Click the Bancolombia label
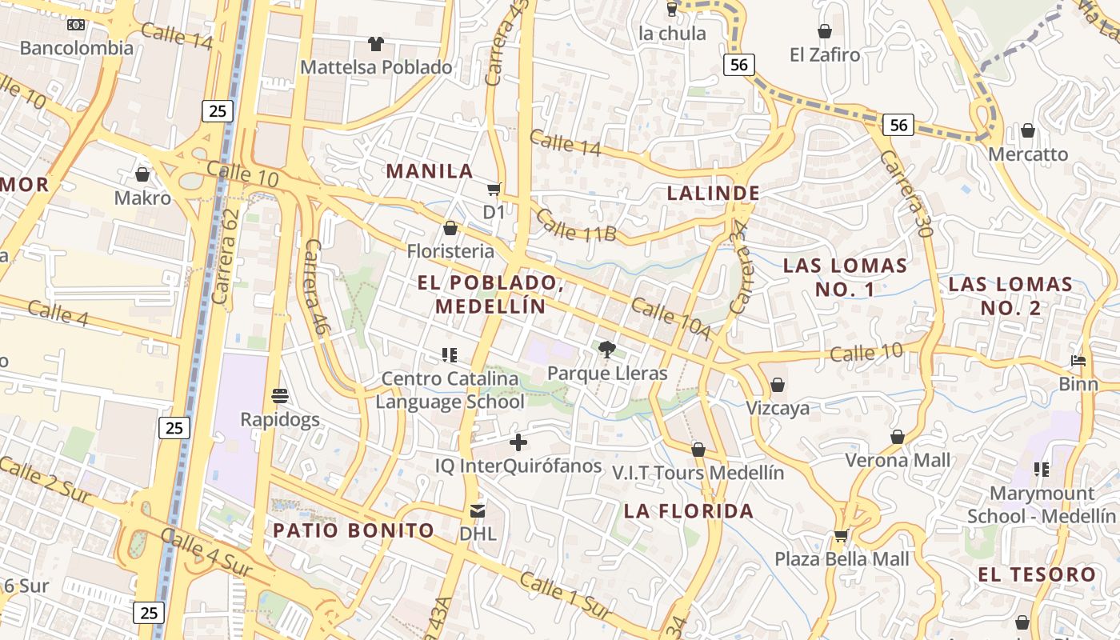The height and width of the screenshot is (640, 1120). click(x=77, y=48)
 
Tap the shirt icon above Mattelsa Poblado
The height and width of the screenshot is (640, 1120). click(x=376, y=43)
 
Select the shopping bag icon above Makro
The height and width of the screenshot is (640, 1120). click(x=142, y=174)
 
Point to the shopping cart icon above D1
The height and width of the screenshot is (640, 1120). click(x=494, y=189)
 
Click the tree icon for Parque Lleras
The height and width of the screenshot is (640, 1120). click(x=607, y=349)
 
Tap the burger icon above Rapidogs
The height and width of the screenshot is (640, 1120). click(x=280, y=395)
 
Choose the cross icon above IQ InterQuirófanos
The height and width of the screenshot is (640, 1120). click(x=518, y=442)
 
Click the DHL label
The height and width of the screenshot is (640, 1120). click(x=478, y=533)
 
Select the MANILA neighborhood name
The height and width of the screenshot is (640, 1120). click(x=430, y=171)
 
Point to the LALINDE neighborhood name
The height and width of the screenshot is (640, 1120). click(x=713, y=193)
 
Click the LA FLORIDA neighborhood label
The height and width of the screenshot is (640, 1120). click(x=688, y=511)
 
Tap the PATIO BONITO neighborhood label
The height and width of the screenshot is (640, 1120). click(x=354, y=530)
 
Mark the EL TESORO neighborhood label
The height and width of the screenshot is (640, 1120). click(x=1037, y=574)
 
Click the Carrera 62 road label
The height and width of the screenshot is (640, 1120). click(x=227, y=257)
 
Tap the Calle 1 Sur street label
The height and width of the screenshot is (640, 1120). click(x=566, y=594)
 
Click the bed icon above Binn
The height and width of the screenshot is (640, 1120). click(x=1078, y=361)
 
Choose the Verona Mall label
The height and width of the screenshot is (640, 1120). click(x=898, y=460)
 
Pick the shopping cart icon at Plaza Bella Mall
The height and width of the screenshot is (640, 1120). click(x=841, y=535)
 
